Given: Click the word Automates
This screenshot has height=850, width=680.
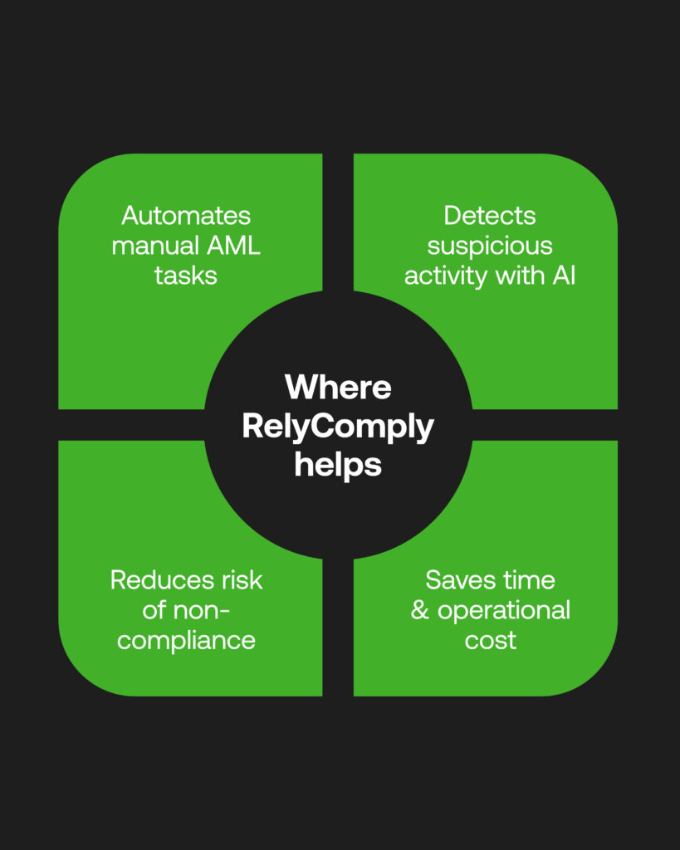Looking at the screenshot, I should coord(186,216).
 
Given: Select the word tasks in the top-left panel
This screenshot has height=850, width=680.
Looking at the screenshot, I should coord(186,276).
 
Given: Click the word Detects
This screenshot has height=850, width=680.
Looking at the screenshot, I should coord(490,216).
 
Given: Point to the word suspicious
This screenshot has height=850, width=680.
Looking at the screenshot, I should coord(490,246).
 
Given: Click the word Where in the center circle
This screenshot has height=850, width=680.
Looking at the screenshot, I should coord(338,388).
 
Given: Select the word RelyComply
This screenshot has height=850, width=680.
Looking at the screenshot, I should coord(338,427).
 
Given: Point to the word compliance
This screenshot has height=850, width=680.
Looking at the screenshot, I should coord(186,641).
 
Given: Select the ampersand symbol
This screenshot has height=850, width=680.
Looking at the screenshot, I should coord(421,611).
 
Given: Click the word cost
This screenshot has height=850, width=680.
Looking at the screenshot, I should coord(491,641).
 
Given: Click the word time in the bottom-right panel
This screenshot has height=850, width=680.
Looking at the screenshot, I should coord(527,580).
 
